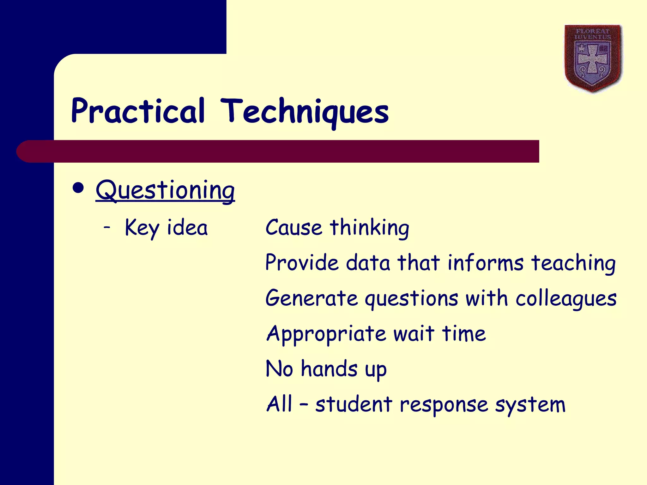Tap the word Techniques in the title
click(305, 111)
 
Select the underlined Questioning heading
click(165, 190)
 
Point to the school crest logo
click(593, 58)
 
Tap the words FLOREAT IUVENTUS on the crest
click(593, 34)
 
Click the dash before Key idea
click(107, 227)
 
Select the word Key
click(142, 228)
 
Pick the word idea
click(187, 227)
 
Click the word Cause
click(293, 227)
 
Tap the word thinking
click(369, 228)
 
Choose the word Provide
click(302, 263)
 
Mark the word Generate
click(311, 298)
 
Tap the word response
click(444, 405)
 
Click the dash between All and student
click(303, 404)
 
